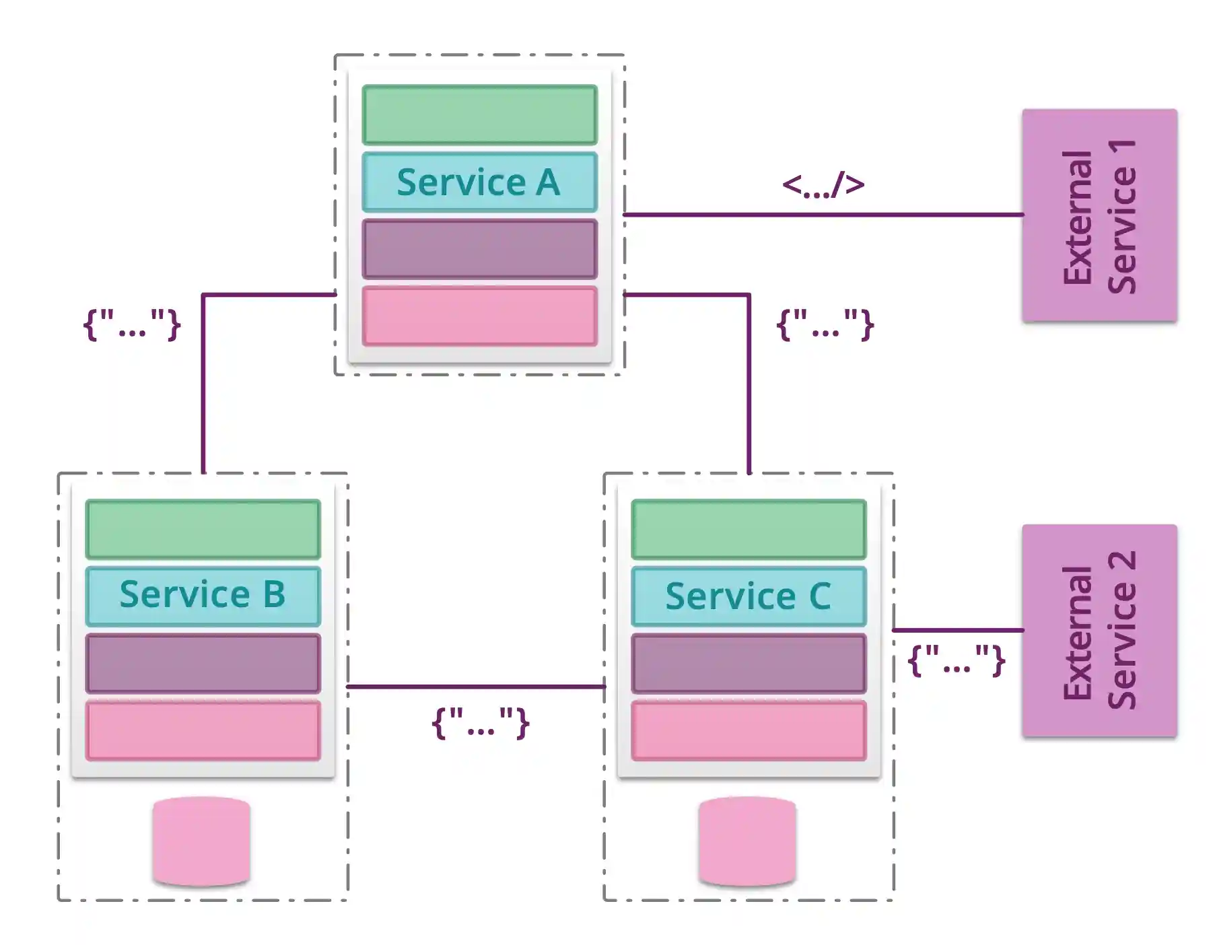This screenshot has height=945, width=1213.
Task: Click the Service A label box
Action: click(479, 182)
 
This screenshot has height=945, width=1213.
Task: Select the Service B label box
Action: click(203, 596)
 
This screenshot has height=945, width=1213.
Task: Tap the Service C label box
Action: click(749, 596)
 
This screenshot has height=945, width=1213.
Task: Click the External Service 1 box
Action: click(1099, 215)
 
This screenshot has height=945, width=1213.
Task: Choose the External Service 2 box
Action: click(1099, 631)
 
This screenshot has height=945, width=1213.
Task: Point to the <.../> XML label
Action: click(823, 184)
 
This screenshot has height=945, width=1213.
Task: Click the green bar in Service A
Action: click(479, 115)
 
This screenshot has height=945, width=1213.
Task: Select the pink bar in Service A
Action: click(479, 316)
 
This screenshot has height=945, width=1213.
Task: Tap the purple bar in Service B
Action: click(203, 663)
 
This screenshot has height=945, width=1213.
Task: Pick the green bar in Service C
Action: click(749, 529)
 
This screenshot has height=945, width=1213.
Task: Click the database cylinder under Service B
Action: click(201, 841)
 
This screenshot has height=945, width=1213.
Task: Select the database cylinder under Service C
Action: click(747, 841)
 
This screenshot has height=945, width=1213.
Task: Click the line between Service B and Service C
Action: click(475, 687)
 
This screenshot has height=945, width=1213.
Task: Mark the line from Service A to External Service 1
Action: click(823, 215)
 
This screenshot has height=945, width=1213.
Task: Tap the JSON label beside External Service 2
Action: click(957, 660)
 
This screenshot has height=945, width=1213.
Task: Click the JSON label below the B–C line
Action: click(480, 723)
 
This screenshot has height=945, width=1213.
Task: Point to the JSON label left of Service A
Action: click(132, 325)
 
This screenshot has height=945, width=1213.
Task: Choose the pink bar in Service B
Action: click(203, 730)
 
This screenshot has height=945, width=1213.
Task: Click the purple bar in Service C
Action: click(749, 663)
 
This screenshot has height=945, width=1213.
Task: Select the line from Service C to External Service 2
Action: click(957, 630)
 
